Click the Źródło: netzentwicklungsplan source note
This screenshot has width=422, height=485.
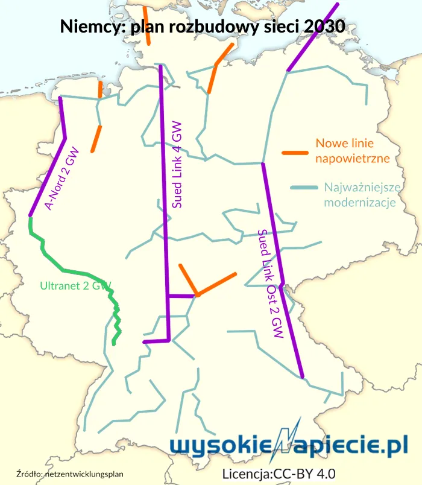[x=69, y=474]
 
